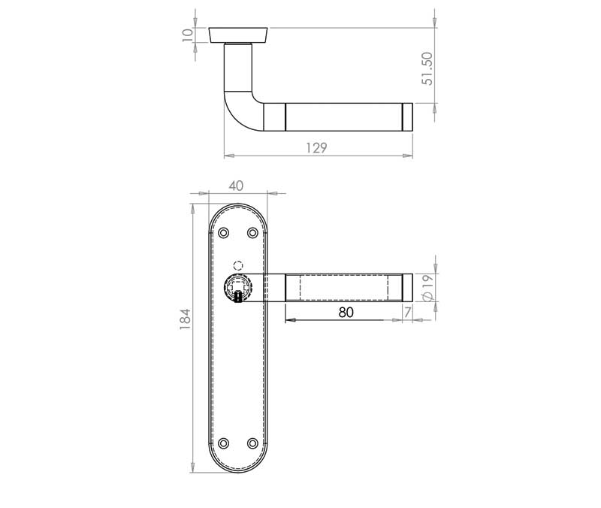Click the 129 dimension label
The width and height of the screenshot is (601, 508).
pos(316,147)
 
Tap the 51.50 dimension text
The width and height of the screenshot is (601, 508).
pos(427,68)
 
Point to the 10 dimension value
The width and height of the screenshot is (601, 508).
pos(187,35)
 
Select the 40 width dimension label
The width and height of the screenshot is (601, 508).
pos(236,186)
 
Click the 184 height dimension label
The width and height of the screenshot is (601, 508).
pos(185,319)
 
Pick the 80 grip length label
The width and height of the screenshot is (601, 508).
pos(346,313)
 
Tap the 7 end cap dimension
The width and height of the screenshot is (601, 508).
pos(407,313)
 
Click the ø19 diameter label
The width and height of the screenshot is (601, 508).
pos(427,288)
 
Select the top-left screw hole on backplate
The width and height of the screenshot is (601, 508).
pos(223,233)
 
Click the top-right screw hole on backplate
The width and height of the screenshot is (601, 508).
pos(252,233)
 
